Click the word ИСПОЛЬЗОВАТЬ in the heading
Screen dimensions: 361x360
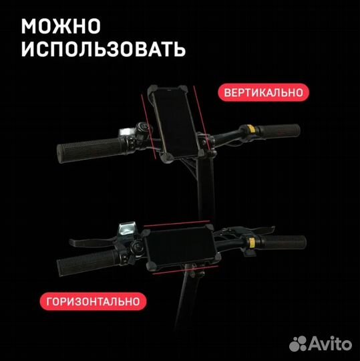point(103,49)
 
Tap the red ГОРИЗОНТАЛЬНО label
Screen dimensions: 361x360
point(94,302)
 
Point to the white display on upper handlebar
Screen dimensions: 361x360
point(126,131)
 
